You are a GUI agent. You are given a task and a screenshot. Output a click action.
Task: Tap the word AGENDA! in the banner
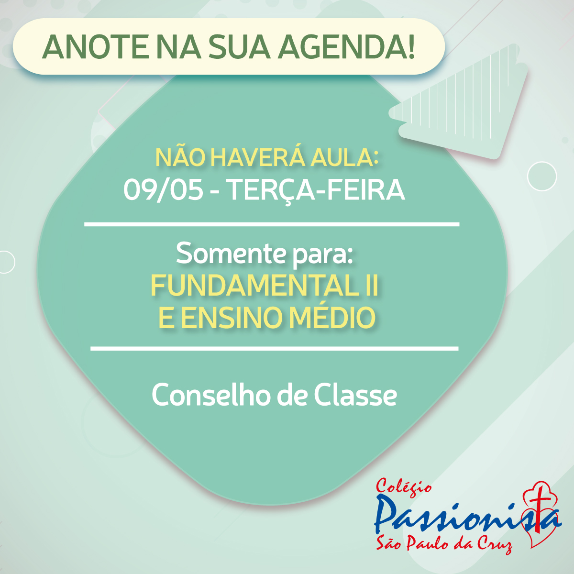coord(346,47)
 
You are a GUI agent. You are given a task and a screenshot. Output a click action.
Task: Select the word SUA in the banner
coord(239,47)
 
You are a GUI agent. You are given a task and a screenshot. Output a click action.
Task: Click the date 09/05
coord(163,190)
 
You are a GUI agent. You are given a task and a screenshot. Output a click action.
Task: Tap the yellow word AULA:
coord(344,158)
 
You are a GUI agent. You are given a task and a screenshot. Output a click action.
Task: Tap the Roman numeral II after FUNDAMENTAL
coord(372,286)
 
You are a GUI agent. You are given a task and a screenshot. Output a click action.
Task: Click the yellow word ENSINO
coord(232,318)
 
